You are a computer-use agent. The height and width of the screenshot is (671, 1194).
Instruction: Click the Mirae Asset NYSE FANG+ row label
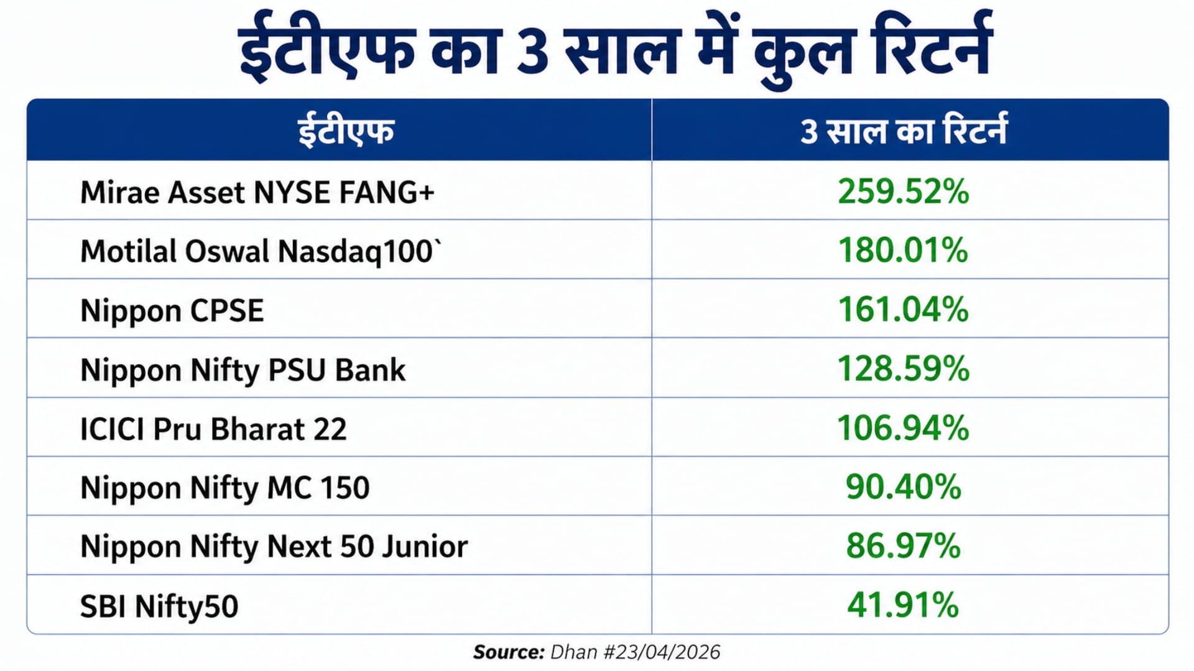[x=257, y=192]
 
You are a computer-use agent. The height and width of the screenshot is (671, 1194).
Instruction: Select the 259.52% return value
[x=903, y=191]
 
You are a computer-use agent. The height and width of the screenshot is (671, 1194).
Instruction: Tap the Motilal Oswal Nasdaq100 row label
[x=260, y=251]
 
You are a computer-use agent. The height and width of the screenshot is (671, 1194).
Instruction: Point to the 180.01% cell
[x=903, y=250]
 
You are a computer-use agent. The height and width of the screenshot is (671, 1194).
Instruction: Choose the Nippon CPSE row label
[x=172, y=310]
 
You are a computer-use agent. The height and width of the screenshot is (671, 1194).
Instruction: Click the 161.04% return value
[x=903, y=309]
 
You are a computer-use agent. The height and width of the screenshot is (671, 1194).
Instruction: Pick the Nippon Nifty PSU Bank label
[x=243, y=370]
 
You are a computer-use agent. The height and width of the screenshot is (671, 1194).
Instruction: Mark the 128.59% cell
[x=903, y=368]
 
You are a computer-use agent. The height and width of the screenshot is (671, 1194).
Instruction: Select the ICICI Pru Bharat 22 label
[x=213, y=429]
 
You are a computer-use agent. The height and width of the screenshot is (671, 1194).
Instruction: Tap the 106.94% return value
[x=903, y=428]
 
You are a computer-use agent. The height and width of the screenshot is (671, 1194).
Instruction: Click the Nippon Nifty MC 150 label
[x=224, y=488]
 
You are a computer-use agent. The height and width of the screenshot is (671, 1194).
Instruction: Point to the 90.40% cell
[x=903, y=486]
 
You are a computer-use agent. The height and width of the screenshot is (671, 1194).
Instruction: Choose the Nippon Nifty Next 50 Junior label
[x=274, y=547]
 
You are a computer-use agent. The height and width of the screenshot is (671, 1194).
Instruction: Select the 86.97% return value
[x=903, y=546]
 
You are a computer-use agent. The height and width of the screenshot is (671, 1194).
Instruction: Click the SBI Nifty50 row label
[x=159, y=606]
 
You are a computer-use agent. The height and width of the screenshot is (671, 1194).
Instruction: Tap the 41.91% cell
[x=903, y=605]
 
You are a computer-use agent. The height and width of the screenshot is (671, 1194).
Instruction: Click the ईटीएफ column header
[x=346, y=131]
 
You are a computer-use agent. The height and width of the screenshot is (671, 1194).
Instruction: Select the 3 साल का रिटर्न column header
[x=903, y=131]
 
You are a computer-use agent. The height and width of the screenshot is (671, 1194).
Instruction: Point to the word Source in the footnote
[x=508, y=652]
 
